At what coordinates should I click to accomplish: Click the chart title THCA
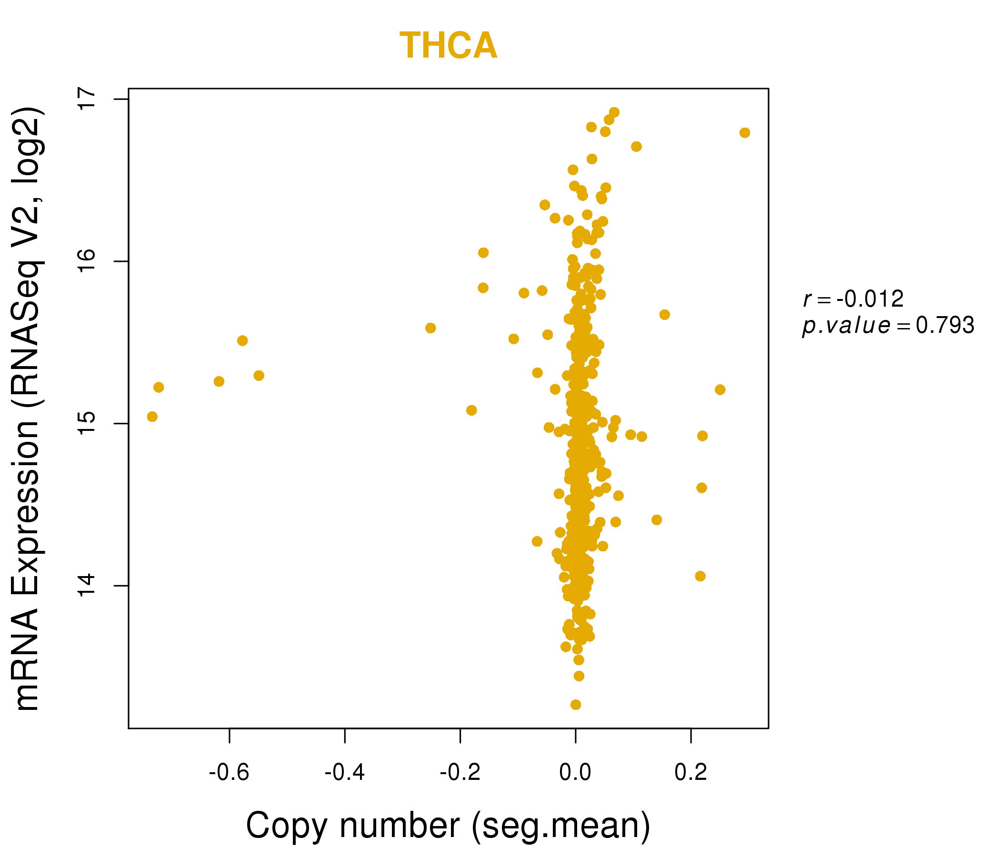coord(448,46)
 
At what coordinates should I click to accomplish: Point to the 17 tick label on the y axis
coord(88,99)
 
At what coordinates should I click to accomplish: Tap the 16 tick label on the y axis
coord(88,261)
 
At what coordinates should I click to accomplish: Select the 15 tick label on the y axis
coord(88,424)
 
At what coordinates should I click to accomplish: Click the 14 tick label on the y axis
coord(88,586)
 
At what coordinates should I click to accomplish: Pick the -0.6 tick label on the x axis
coord(229,773)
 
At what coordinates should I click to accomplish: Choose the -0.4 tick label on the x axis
coord(345,773)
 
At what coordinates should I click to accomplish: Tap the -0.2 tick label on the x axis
coord(460,773)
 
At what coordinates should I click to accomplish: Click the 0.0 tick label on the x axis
coord(575,773)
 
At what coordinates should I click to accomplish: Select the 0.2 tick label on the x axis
coord(690,773)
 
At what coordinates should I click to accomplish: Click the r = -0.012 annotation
coord(853,299)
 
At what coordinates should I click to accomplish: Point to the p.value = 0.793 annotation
coord(888,326)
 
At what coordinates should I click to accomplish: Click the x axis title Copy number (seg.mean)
coord(448,826)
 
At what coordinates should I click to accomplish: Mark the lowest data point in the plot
coord(575,705)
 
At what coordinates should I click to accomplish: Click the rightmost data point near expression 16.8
coord(745,133)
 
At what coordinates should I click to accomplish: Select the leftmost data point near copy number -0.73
coord(152,417)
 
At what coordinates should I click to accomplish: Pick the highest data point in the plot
coord(614,112)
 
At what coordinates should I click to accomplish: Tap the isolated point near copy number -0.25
coord(430,328)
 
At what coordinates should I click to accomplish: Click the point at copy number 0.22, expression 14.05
coord(700,576)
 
